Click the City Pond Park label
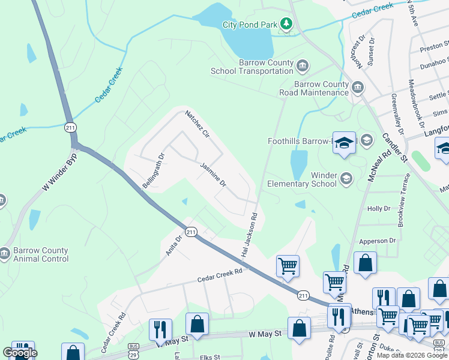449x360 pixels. point(250,25)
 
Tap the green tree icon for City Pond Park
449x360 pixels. point(287,24)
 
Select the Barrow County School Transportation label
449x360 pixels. point(252,67)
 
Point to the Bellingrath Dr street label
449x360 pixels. point(153,171)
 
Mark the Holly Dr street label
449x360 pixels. point(379,209)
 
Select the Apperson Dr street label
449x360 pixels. point(377,241)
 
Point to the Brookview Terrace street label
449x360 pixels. point(402,200)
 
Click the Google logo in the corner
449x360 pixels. point(20,353)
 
